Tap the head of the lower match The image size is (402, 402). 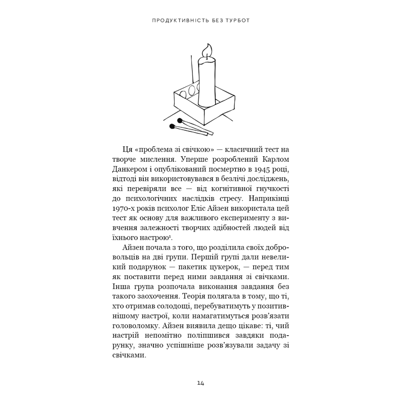pos(172,126)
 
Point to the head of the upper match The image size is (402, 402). pos(179,121)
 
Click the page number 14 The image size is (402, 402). pos(201,383)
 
